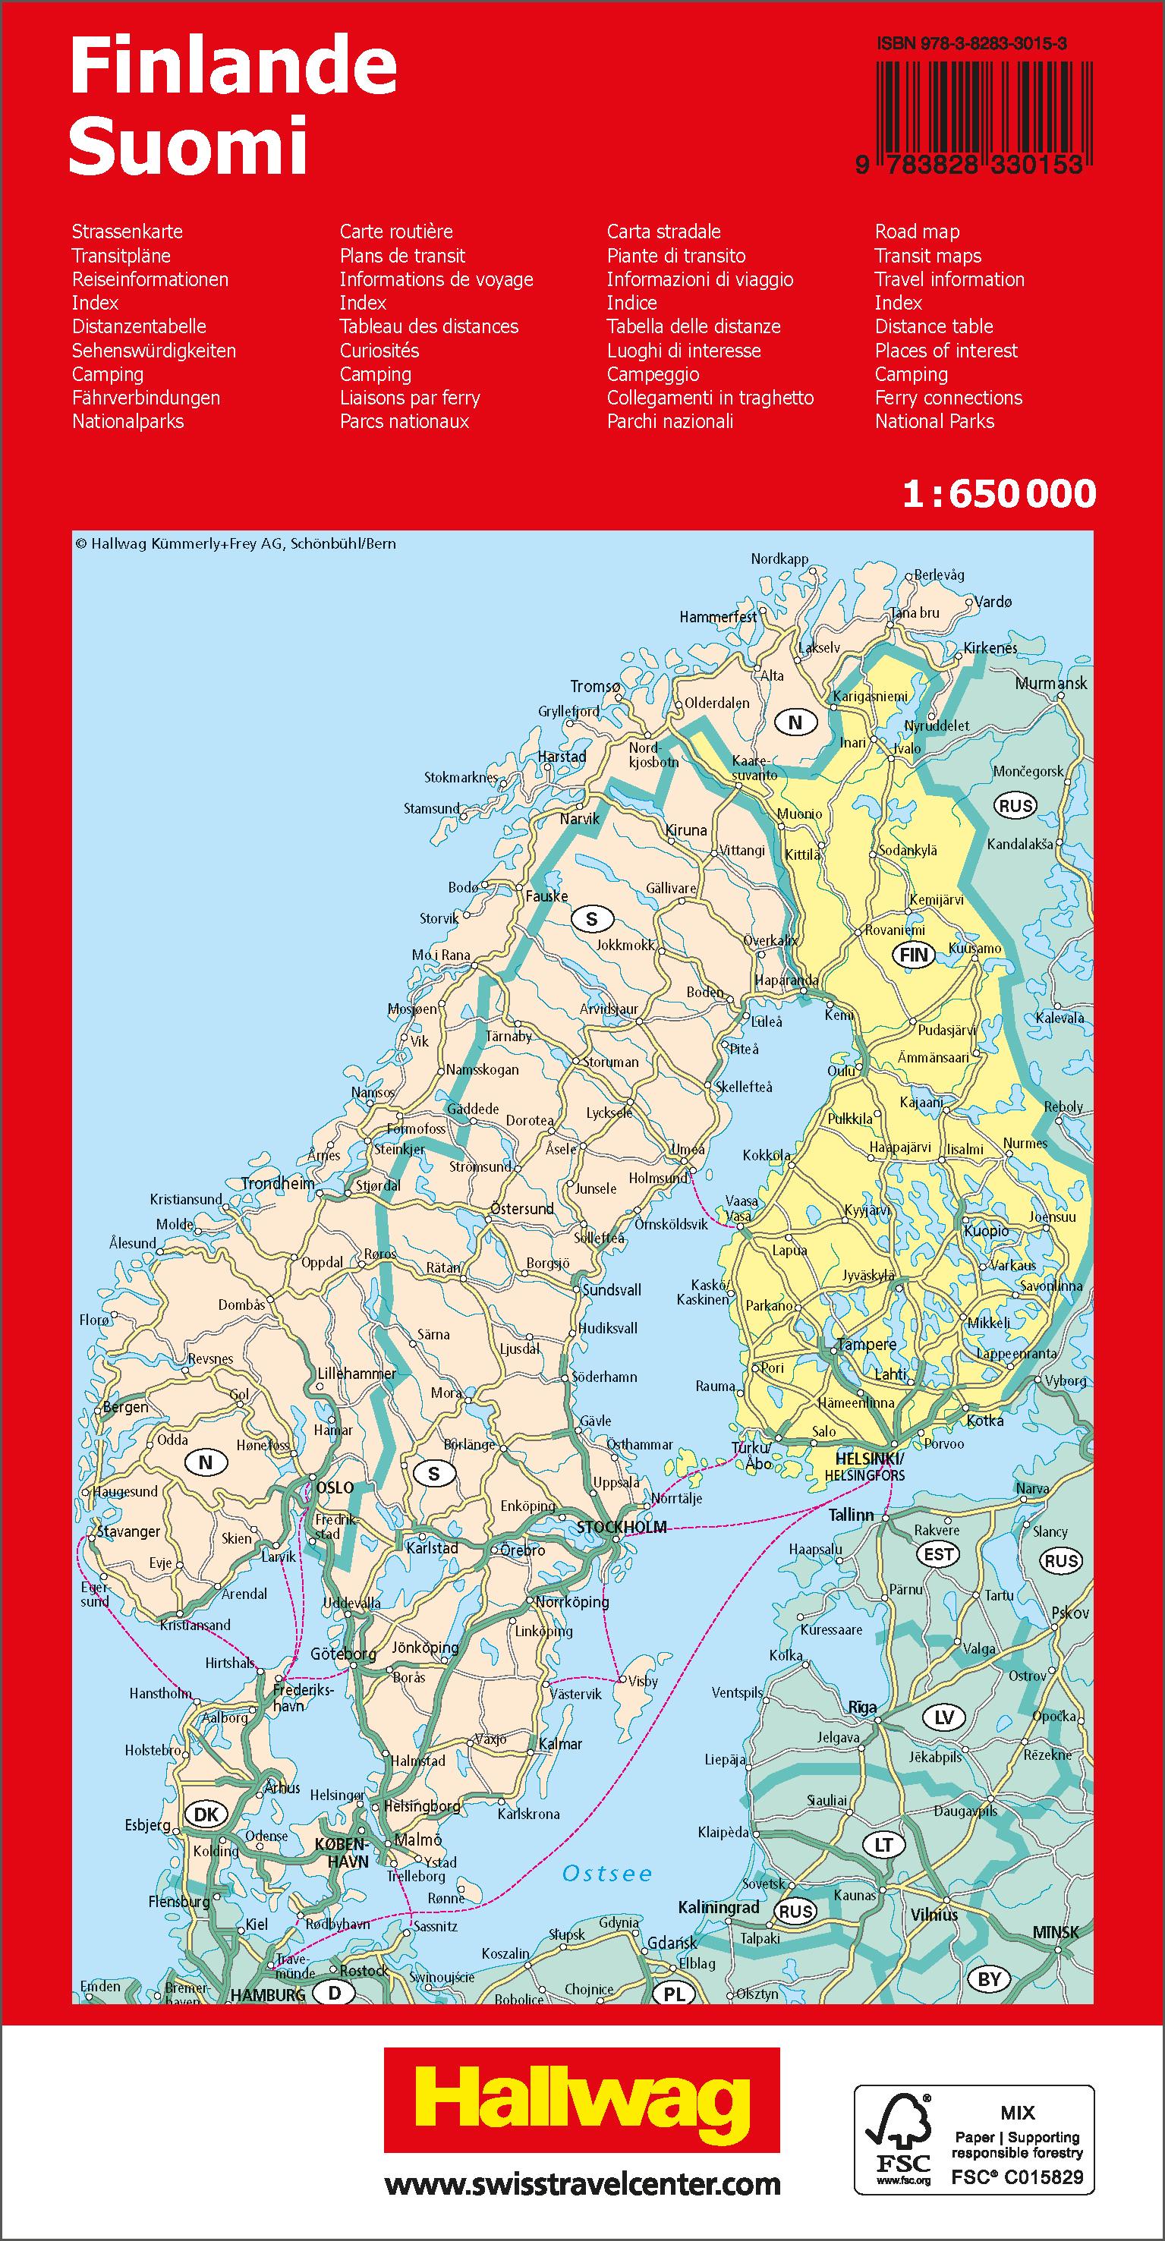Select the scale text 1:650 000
(x=999, y=494)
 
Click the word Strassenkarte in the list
(x=127, y=231)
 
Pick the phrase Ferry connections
(x=949, y=398)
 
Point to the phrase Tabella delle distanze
(x=694, y=326)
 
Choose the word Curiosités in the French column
(x=379, y=351)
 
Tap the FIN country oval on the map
(x=914, y=955)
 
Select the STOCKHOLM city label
(x=622, y=1527)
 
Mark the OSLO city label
(x=335, y=1487)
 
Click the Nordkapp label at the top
(x=779, y=559)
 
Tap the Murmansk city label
(x=1051, y=684)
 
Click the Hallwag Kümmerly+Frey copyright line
(x=235, y=543)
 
